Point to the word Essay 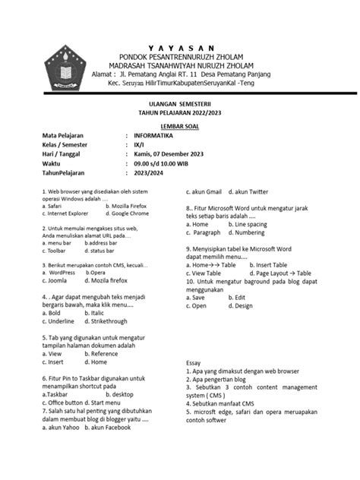[x=194, y=364]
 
